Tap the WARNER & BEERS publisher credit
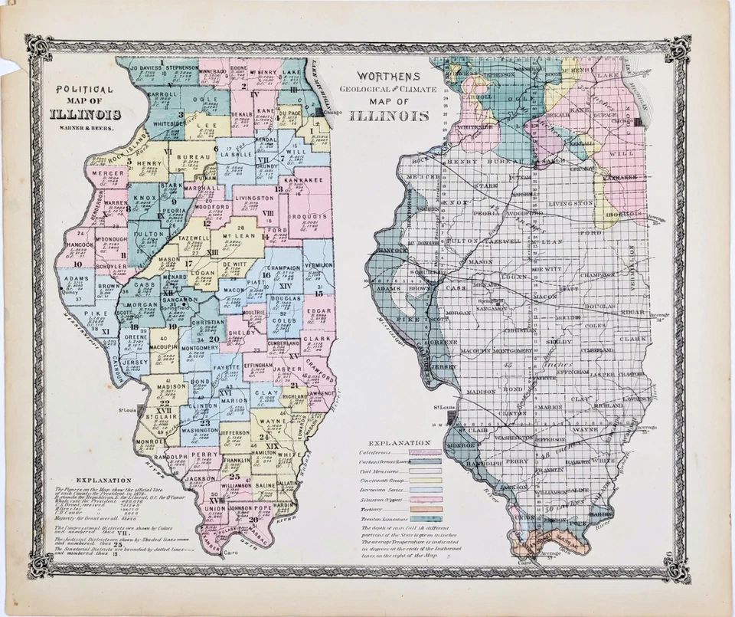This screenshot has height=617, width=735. pyautogui.click(x=84, y=128)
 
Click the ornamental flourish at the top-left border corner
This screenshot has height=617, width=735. pyautogui.click(x=38, y=48)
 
